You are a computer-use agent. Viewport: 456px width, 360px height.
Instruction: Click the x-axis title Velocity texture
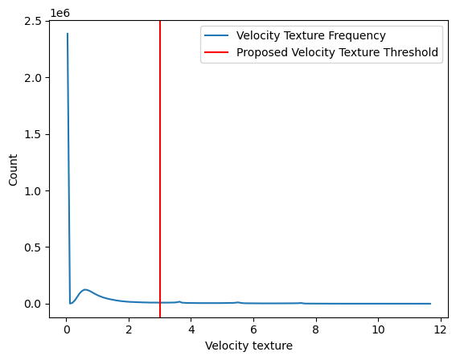coord(249,346)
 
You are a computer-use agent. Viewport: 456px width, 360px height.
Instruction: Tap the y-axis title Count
coord(14,170)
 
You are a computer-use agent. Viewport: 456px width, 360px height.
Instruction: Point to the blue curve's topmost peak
coord(67,34)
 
